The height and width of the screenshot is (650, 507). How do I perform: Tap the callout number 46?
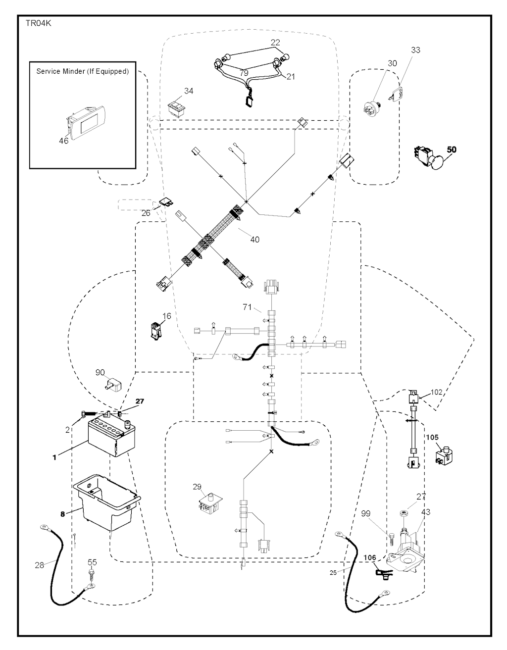click(x=64, y=141)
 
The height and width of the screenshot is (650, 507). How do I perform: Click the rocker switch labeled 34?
click(x=177, y=106)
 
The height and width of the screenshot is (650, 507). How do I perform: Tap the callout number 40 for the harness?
click(x=254, y=240)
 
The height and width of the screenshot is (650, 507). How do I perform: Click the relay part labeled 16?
click(x=155, y=330)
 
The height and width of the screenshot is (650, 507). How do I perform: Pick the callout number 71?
click(x=248, y=307)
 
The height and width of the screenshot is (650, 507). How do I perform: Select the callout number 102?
click(x=436, y=392)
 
